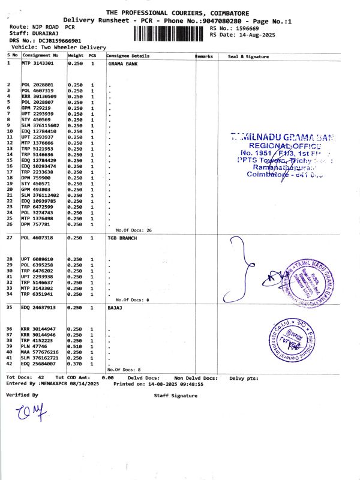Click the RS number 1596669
click(x=247, y=28)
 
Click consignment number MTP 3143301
click(x=37, y=63)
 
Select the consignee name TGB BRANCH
click(x=122, y=238)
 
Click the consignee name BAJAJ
click(x=114, y=307)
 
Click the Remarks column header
click(x=204, y=56)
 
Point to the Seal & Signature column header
click(x=248, y=56)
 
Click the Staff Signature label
click(x=175, y=396)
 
